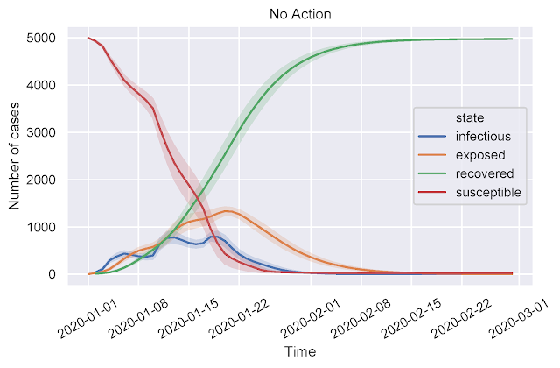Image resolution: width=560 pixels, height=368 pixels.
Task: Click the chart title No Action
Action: [x=300, y=14]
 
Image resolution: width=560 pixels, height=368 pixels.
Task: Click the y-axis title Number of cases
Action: [x=14, y=156]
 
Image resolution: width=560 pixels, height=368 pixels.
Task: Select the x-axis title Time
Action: [x=300, y=351]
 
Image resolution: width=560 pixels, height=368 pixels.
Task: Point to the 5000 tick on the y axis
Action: [x=41, y=38]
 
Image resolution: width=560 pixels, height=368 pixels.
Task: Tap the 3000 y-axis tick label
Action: [x=41, y=132]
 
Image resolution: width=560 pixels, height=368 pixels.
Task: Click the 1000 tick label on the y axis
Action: [x=41, y=227]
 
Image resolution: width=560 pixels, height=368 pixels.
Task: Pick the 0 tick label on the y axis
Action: [x=52, y=274]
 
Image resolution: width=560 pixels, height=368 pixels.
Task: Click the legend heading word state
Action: [x=470, y=117]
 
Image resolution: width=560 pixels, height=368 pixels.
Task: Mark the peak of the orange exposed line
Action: [x=227, y=211]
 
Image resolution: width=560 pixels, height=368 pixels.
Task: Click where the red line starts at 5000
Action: [x=87, y=38]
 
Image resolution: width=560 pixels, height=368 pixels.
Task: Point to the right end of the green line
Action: [x=512, y=39]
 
